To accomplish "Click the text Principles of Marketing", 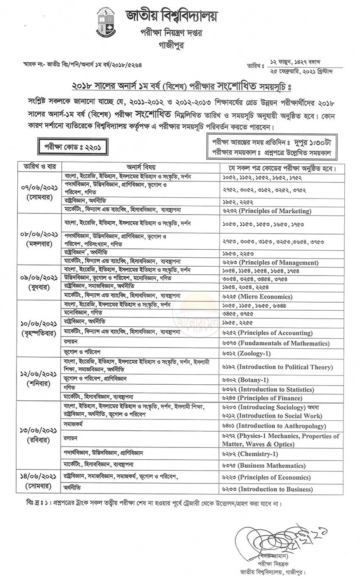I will click(x=275, y=211).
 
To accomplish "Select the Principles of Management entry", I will click(x=279, y=262).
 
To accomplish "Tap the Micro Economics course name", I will click(x=265, y=297).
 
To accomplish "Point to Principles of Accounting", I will click(x=276, y=333).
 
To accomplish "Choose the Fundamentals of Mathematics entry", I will click(x=284, y=343).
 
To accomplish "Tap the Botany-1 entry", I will click(x=253, y=380).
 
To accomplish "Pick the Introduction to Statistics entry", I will click(x=276, y=389).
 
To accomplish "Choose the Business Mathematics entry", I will click(x=271, y=466).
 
